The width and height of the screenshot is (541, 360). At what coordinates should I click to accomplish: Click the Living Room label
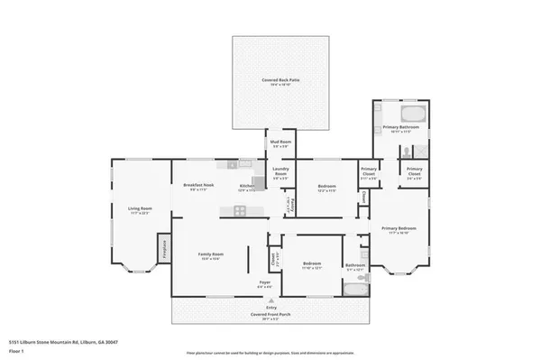[x=139, y=210]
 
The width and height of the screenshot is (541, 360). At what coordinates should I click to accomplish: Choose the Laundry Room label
[x=280, y=175]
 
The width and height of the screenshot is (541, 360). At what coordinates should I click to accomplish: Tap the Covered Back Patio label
[x=280, y=81]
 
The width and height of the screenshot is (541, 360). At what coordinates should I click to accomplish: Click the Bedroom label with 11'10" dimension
[x=311, y=264]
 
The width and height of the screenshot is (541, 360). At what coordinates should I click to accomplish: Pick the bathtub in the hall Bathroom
[x=356, y=289]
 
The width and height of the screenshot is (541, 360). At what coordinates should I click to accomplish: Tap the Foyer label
[x=265, y=284]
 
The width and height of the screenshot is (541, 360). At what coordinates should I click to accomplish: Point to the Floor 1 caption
[x=17, y=350]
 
